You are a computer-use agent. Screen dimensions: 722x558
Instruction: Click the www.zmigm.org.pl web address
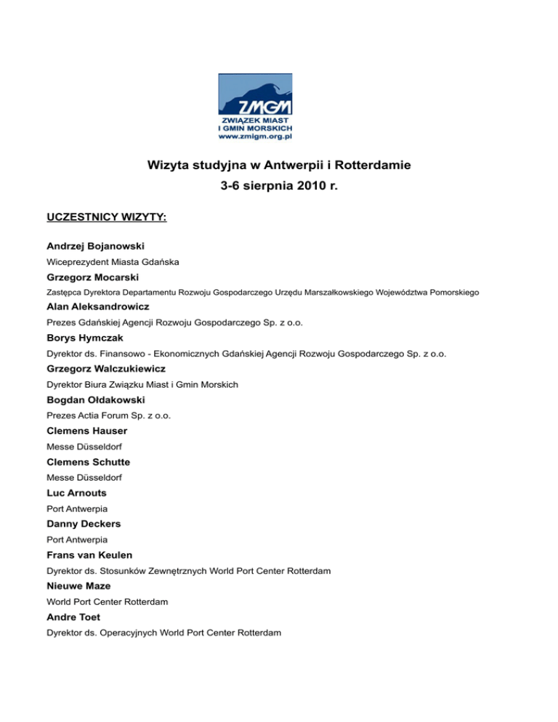point(255,134)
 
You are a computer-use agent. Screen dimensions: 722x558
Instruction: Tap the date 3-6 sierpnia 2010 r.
point(279,186)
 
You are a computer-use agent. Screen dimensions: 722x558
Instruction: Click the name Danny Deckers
point(84,523)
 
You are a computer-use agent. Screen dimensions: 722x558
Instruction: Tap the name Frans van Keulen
point(92,554)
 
